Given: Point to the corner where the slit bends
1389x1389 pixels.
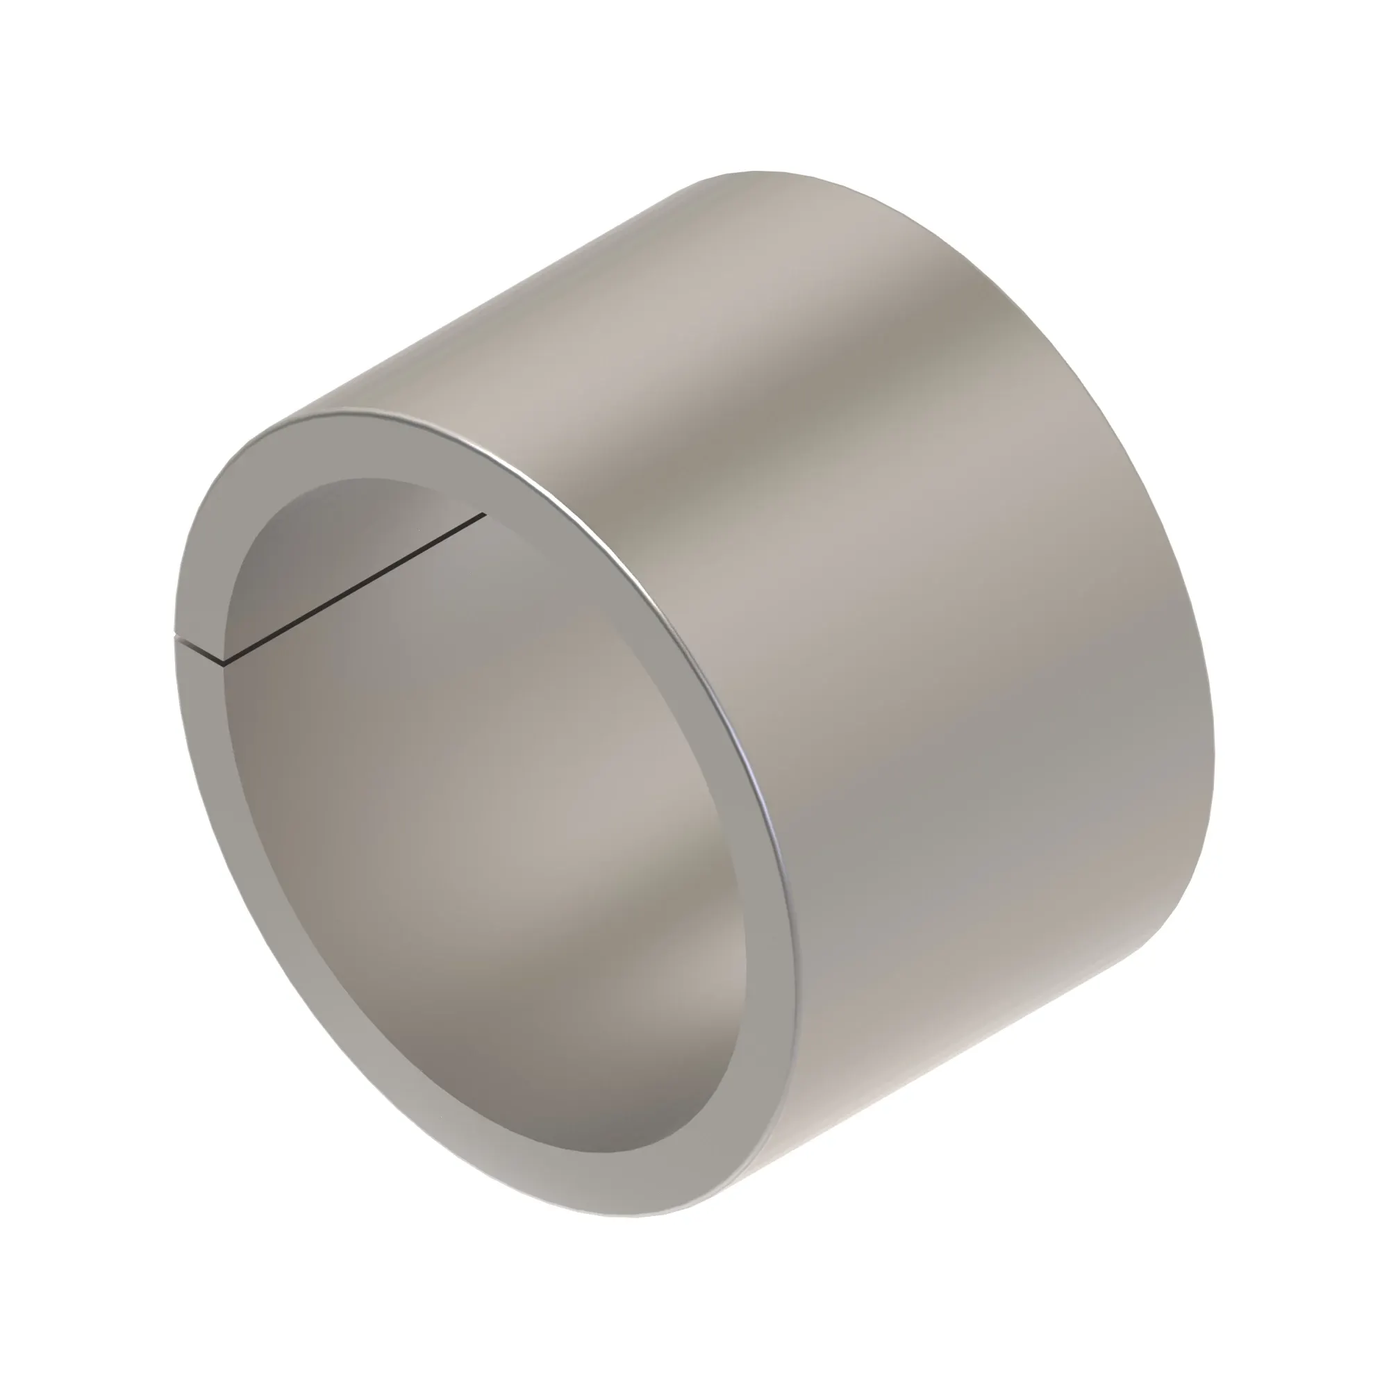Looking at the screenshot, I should pos(224,662).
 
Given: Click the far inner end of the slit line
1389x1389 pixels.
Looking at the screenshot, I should pos(485,514).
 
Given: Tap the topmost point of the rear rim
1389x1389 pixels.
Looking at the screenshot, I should pos(755,172).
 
